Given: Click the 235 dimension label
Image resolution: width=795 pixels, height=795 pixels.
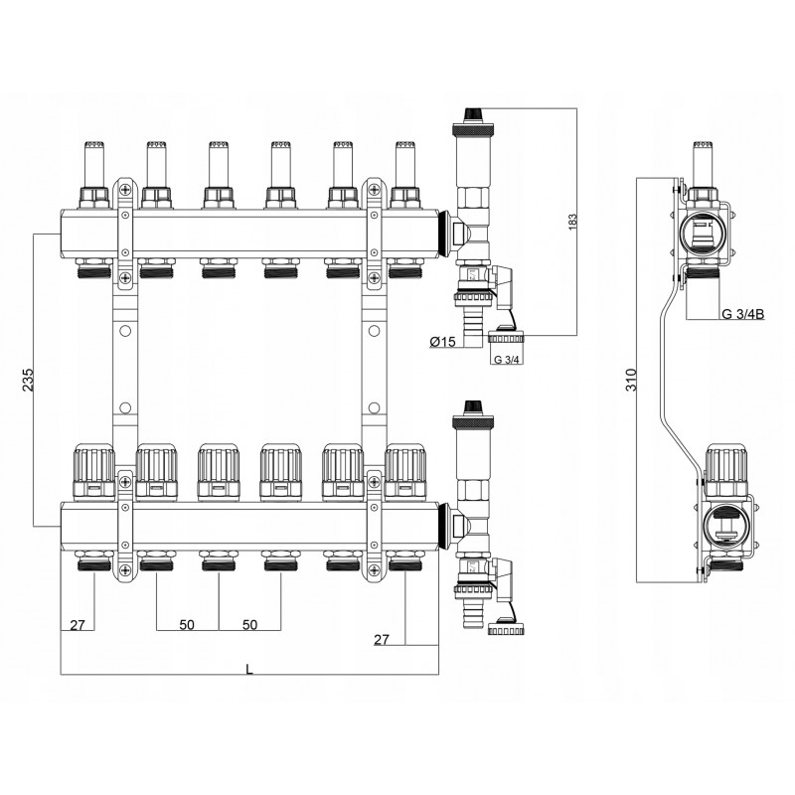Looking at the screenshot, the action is point(29,379).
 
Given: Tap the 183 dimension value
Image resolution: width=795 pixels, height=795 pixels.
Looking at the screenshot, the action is point(573,222).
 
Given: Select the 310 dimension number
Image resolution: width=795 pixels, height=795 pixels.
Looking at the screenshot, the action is point(631,380).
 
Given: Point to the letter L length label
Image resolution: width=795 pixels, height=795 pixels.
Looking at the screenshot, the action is point(249,670).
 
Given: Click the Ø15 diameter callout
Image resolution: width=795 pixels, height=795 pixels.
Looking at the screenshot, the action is point(442,342).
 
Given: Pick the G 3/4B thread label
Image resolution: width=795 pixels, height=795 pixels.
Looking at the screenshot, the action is point(742,314).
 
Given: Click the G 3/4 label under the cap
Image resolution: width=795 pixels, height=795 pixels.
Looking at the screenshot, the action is point(507,360).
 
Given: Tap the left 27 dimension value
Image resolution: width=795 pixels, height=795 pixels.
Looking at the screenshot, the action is point(78,625).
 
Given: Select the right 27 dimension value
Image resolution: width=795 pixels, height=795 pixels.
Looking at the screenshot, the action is point(382,640).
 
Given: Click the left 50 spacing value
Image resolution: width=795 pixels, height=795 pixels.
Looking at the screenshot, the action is point(187,625).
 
